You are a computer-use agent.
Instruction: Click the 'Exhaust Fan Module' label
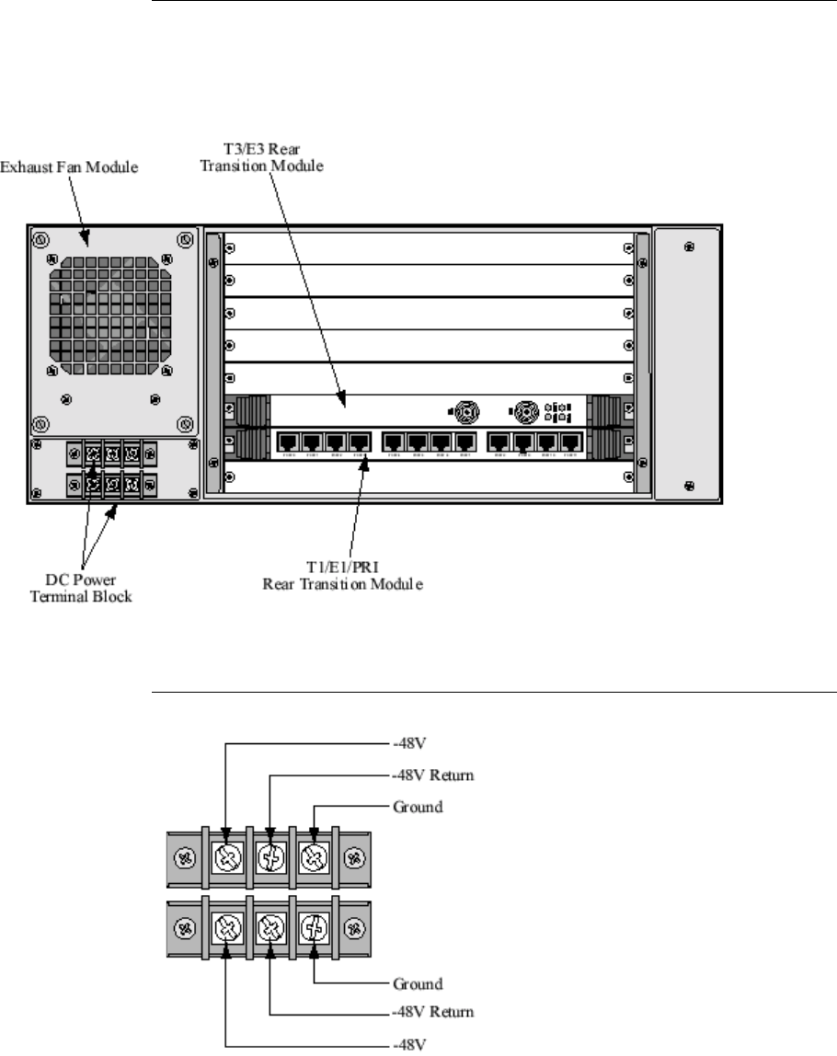tap(68, 169)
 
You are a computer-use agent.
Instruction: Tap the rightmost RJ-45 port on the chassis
tap(570, 442)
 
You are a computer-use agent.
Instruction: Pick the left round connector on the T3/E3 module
tap(466, 411)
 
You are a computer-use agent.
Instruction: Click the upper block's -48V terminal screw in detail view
tap(226, 858)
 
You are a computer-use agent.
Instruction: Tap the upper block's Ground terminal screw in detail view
tap(315, 858)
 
